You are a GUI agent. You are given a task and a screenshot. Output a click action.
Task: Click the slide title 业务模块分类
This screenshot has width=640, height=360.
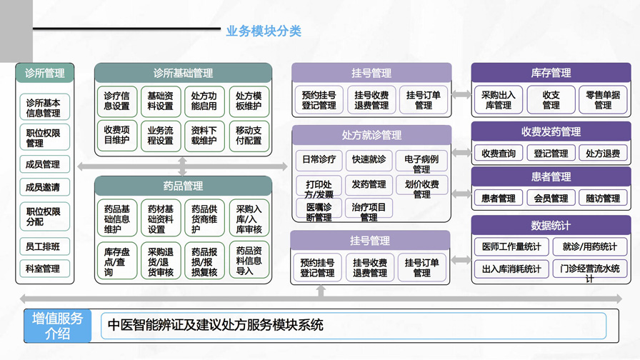coord(264,31)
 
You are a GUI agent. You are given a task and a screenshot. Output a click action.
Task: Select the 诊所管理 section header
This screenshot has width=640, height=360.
coord(44,73)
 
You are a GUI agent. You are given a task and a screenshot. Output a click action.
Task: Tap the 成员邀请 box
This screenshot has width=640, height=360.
coord(44,187)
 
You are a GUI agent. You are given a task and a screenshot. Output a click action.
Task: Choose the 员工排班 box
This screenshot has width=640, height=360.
coord(44,246)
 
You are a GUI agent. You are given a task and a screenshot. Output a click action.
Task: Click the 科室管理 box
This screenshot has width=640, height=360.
coord(44,269)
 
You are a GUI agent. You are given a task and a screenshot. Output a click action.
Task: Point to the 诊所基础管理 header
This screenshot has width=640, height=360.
coord(183,73)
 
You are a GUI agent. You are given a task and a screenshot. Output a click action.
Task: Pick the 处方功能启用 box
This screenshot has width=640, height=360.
coord(204,101)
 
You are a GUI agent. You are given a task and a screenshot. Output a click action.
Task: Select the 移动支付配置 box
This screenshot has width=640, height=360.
coord(249,136)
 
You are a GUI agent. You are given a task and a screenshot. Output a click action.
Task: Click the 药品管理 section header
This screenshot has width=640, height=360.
coord(183,186)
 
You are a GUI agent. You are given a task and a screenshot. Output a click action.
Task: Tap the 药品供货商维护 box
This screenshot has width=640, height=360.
coord(204,219)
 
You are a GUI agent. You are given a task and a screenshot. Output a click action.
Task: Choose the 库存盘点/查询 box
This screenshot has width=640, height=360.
coord(116,261)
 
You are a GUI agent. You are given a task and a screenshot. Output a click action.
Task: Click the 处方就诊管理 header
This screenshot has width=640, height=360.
coord(371,135)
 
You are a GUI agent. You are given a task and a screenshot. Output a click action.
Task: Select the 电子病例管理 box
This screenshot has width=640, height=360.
coord(421,164)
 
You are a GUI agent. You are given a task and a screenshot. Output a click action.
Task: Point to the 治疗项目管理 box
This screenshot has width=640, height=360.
coord(369,211)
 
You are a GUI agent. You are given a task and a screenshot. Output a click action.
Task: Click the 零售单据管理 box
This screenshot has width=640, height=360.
coord(603,100)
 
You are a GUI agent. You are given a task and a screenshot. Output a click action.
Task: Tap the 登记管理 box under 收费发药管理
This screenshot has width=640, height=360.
coord(551,154)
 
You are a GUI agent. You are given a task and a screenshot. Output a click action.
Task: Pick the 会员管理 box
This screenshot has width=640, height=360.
coord(551,199)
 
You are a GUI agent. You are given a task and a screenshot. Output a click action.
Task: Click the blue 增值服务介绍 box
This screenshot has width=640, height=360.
coord(58,326)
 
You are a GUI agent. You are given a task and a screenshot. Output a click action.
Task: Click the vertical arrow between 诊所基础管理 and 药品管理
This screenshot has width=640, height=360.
coord(183,166)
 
